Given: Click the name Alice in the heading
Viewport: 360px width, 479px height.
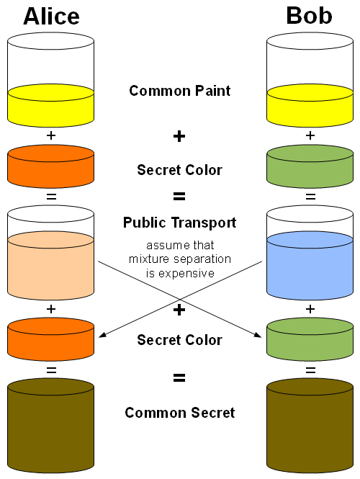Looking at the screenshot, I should point(50,16).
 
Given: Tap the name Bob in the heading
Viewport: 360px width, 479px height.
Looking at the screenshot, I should point(310,16).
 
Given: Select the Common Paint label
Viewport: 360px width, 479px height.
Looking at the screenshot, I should point(179,91).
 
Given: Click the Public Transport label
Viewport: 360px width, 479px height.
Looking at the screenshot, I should point(179,223).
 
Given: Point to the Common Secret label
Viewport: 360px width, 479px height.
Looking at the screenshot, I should point(179,413).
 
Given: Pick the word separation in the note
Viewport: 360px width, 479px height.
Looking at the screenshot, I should point(202,259).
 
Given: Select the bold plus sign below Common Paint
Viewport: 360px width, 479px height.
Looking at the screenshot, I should point(179,136).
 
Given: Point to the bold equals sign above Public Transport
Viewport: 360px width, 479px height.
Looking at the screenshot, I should point(179,195).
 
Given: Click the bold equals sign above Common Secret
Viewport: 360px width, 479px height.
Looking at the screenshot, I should point(179,377).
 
